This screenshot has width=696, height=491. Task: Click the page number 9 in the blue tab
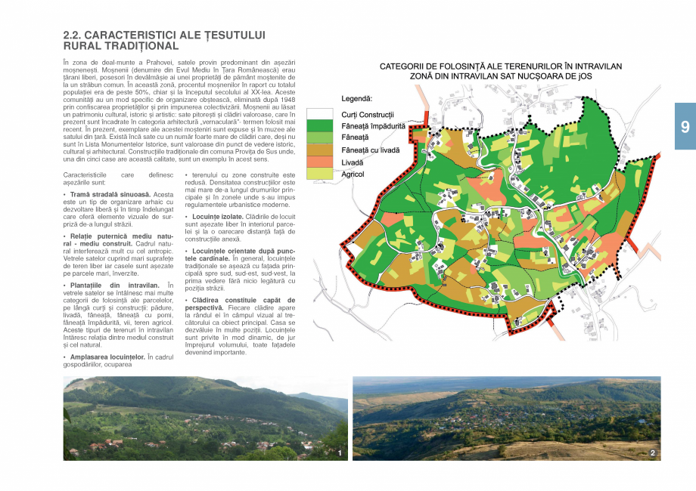[685, 127]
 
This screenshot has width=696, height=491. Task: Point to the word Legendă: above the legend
[357, 99]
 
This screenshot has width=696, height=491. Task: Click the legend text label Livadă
[353, 162]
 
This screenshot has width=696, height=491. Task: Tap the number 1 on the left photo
[340, 453]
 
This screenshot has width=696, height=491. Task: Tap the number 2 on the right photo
[652, 453]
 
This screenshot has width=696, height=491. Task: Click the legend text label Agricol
[353, 174]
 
